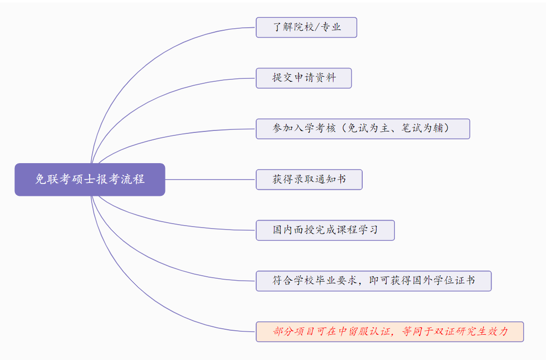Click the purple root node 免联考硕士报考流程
(x=90, y=180)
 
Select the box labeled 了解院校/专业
(x=306, y=27)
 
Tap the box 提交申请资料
(x=303, y=78)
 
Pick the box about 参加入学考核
(x=363, y=128)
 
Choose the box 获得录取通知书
(x=309, y=180)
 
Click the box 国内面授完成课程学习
(x=325, y=230)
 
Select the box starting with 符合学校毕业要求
(x=374, y=281)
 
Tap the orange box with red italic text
(x=389, y=332)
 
